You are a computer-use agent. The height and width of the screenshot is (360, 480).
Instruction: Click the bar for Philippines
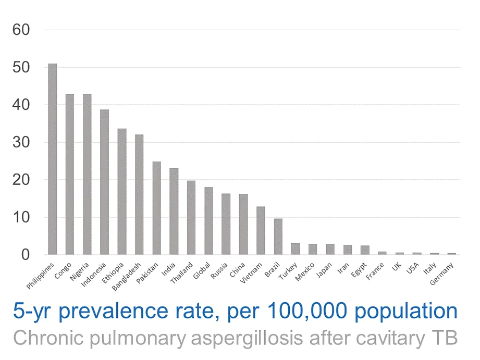tap(53, 159)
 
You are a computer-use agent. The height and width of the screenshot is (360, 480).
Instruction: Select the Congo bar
tap(70, 175)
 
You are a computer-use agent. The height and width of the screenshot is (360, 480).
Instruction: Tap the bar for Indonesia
tap(104, 182)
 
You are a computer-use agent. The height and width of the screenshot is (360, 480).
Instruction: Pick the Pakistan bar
tap(157, 208)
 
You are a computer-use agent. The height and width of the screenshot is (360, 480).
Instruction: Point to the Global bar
tap(209, 221)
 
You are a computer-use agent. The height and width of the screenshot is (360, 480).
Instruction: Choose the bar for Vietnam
tap(261, 230)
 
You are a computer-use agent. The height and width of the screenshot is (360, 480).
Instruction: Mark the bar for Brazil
tap(278, 237)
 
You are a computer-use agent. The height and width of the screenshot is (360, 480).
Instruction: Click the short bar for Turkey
tap(296, 249)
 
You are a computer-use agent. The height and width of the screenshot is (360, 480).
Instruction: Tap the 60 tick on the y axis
tap(21, 30)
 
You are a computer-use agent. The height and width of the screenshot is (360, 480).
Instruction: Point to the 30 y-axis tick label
tap(21, 142)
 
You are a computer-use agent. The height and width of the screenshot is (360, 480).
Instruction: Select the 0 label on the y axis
tap(26, 255)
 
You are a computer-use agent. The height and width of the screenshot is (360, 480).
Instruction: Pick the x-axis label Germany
tap(441, 274)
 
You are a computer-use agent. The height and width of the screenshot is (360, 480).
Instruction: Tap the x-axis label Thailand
tap(181, 273)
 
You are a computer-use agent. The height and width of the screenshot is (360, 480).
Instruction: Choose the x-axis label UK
tap(397, 267)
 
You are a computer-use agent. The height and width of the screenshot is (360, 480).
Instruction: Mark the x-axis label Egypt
tap(359, 270)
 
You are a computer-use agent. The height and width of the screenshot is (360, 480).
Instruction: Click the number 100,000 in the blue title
tap(307, 312)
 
